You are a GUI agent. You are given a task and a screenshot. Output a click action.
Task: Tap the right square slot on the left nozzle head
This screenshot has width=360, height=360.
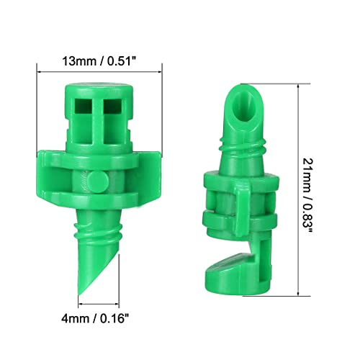click(112, 108)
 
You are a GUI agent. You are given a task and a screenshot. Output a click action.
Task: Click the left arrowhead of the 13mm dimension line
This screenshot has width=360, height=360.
click(39, 71)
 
